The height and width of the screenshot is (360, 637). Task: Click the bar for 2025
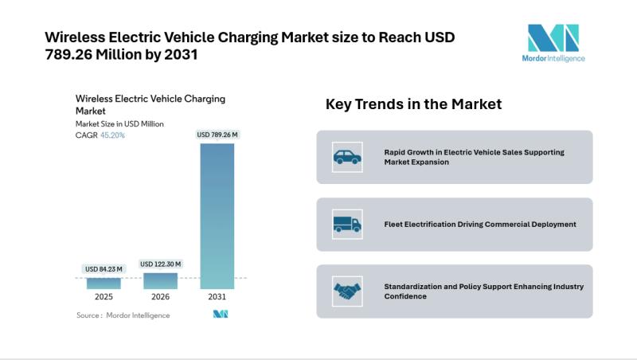[x=104, y=282]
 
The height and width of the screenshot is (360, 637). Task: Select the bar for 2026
[x=160, y=280]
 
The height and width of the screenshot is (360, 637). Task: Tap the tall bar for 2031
[x=217, y=215]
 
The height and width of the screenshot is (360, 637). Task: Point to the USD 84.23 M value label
[x=104, y=268]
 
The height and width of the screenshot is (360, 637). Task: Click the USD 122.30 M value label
[x=160, y=264]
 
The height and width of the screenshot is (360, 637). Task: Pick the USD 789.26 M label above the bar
[x=217, y=135]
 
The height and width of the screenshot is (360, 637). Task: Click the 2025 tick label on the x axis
[x=104, y=297]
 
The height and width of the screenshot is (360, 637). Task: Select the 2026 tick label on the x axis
[x=160, y=297]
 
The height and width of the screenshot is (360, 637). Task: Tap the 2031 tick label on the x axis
[x=217, y=297]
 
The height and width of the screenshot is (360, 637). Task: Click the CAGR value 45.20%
[x=111, y=135]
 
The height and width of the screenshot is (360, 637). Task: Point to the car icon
[x=346, y=157]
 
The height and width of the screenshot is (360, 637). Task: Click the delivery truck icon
[x=346, y=224]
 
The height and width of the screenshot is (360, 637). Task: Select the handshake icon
[x=346, y=291]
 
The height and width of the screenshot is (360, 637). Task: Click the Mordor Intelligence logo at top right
[x=555, y=43]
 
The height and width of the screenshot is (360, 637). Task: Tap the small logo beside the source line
[x=221, y=315]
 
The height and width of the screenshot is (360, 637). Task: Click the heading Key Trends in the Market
[x=413, y=104]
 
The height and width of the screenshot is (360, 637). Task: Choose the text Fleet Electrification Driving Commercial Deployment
[x=479, y=224]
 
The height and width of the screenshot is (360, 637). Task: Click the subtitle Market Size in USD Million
[x=119, y=123]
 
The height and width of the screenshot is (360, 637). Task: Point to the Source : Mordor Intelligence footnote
[x=123, y=315]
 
